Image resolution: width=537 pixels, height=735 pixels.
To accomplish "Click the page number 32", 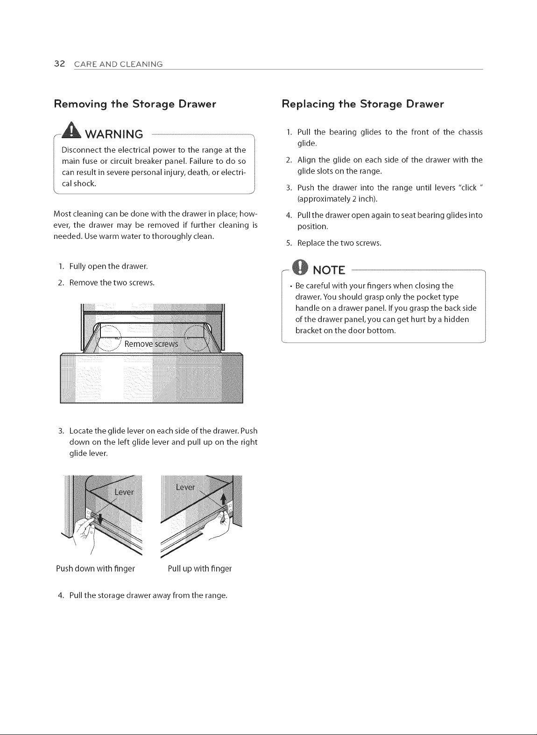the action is [59, 63].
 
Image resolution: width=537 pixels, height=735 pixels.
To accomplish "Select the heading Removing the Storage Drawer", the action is [135, 104].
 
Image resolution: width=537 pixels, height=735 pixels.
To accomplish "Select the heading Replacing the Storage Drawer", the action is [363, 104].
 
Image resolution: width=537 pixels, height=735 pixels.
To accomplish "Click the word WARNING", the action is [114, 134].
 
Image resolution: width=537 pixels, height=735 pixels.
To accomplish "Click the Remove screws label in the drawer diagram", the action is [151, 344].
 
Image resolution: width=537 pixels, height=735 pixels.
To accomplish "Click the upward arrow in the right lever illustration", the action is [224, 499].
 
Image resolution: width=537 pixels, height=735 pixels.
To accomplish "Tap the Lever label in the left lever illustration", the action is [124, 492].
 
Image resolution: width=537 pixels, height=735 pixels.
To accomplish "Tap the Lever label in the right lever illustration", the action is [185, 487].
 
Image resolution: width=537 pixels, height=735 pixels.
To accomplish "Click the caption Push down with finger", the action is [96, 568].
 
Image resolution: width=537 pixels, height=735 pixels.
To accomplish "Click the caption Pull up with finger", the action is [199, 568].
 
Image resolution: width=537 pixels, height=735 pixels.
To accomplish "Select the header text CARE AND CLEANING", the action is [119, 64].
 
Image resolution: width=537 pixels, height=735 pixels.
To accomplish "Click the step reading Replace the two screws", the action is [339, 243].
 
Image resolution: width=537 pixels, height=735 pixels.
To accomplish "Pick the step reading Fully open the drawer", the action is [109, 266].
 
